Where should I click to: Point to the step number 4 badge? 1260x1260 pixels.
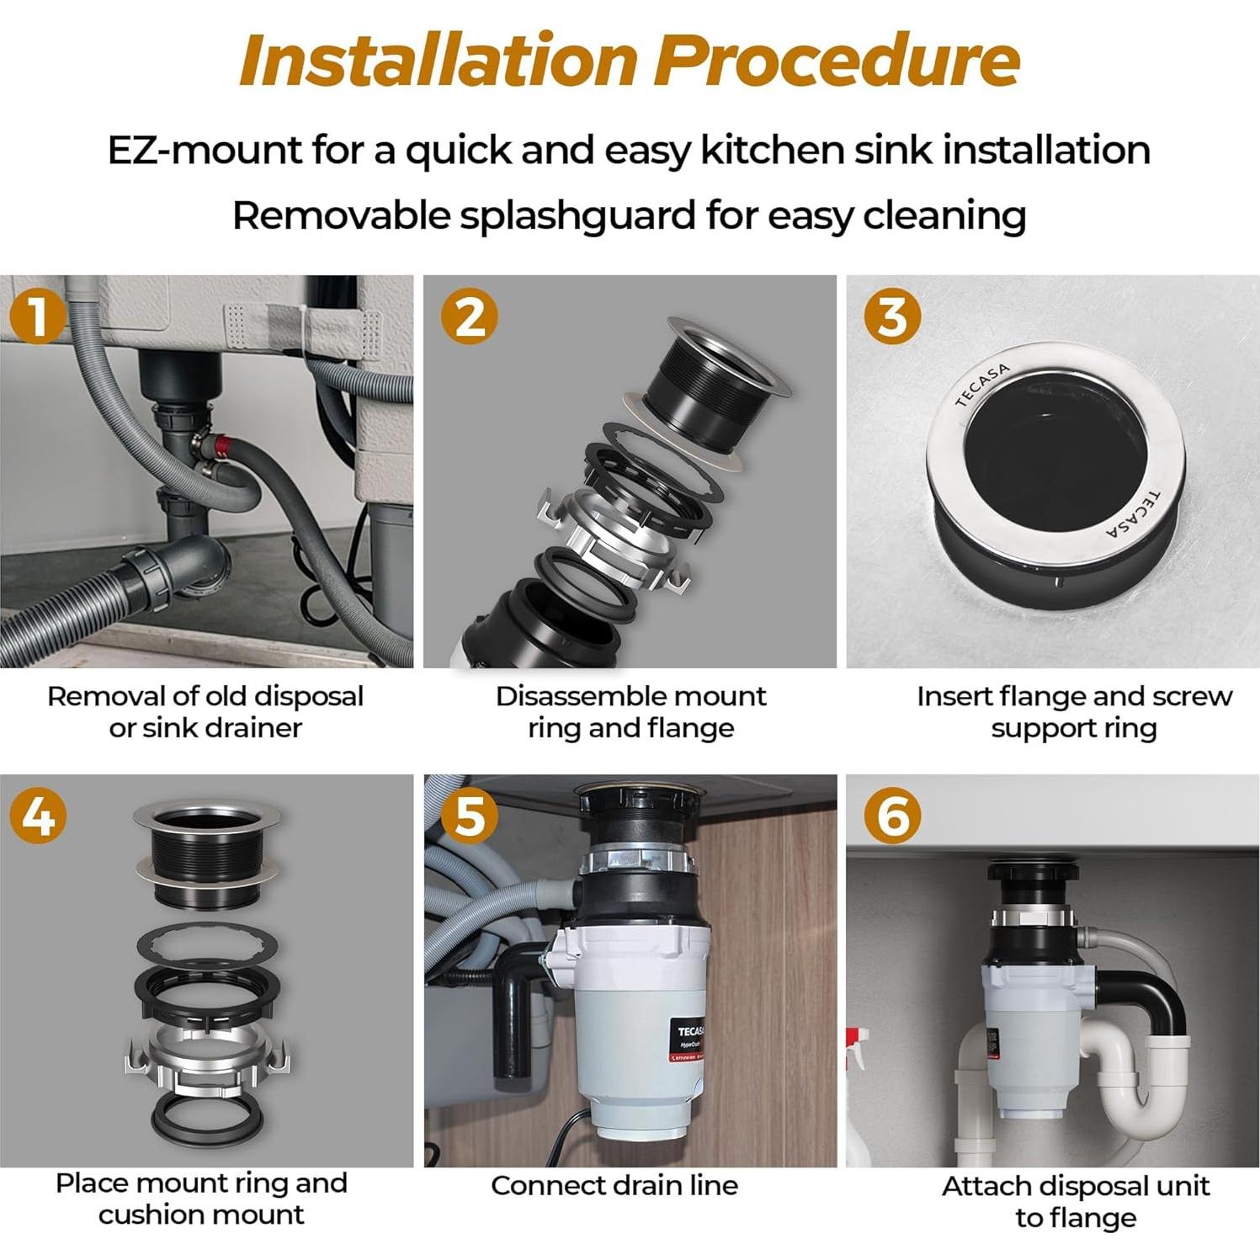click(38, 815)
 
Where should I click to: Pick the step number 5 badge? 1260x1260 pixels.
click(470, 815)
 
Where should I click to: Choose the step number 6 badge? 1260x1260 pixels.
click(893, 815)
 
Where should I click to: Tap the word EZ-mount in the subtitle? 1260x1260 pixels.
click(205, 150)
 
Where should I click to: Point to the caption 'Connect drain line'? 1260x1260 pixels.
click(614, 1185)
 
